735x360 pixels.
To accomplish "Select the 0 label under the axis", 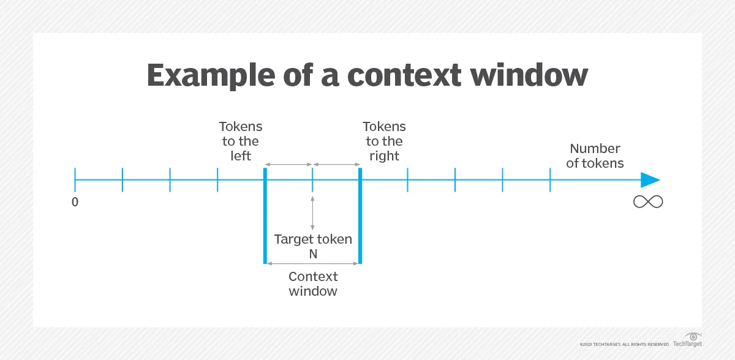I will point(75,201).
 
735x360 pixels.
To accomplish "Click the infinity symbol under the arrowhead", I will point(648,201).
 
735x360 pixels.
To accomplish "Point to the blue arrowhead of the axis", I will point(650,180).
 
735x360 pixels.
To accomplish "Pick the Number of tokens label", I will point(595,156).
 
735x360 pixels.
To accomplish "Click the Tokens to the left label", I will point(241,141).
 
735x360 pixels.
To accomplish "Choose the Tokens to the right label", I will point(384,141).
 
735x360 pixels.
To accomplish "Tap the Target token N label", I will point(313,246).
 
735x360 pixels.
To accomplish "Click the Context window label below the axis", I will point(313,283).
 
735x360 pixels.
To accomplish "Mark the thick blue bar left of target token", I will point(265,215).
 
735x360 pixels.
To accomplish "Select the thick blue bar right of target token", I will point(360,215).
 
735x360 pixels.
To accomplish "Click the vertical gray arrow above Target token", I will point(312,212).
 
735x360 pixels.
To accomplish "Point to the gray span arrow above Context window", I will point(312,263).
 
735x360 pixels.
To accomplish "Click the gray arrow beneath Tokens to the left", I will point(288,164).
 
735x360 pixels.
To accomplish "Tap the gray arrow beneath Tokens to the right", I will point(336,164).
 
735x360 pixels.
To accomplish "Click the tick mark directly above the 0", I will point(75,180).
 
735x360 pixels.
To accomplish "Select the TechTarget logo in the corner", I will point(687,340).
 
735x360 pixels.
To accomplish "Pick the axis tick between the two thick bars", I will point(312,180).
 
